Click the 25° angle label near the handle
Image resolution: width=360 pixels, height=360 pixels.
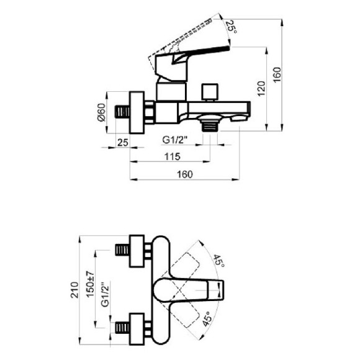point(232,27)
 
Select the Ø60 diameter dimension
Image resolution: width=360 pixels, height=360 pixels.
point(101,112)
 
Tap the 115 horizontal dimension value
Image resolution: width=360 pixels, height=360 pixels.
point(173,156)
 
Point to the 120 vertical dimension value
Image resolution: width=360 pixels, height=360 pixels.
point(261,88)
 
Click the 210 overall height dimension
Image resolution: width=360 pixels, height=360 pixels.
point(74,290)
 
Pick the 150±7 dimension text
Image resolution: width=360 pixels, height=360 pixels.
point(90,284)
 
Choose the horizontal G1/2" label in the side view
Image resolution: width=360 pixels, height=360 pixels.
point(175,140)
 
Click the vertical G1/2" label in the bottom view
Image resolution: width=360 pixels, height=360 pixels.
point(106,294)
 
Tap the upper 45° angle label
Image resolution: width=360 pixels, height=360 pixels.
point(219,261)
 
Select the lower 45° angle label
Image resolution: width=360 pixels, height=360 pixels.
point(207,319)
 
